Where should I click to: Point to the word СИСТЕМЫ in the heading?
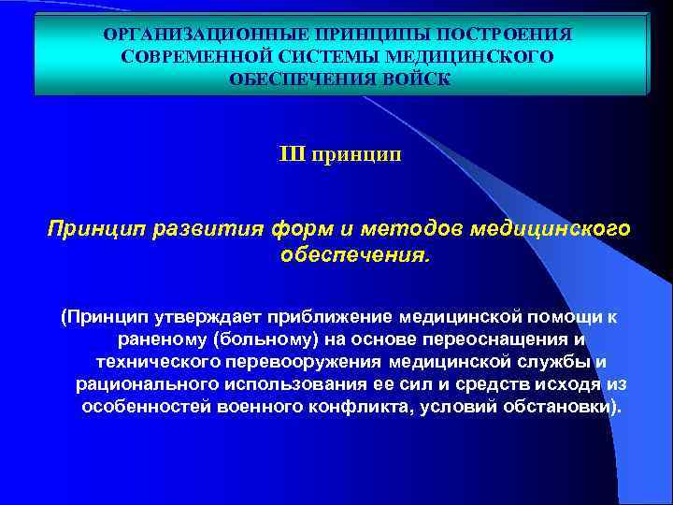click(x=330, y=56)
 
